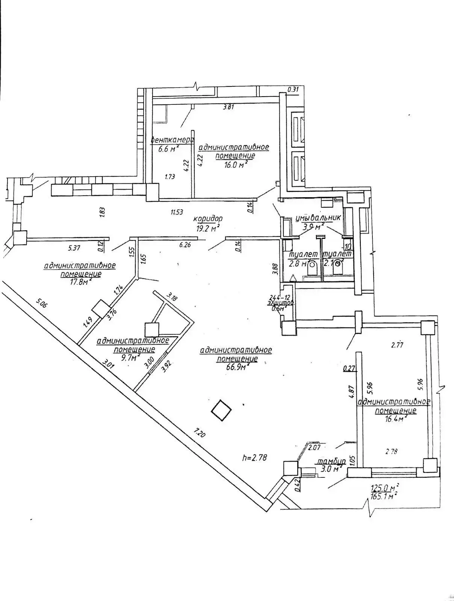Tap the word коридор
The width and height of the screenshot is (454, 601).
(x=208, y=218)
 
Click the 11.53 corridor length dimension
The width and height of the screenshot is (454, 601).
(x=177, y=212)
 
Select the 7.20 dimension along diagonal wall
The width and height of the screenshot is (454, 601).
(x=199, y=434)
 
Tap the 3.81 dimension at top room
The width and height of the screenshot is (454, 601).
(x=229, y=107)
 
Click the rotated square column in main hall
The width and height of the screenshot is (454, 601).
(x=221, y=411)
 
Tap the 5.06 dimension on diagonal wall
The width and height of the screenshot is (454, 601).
(x=42, y=303)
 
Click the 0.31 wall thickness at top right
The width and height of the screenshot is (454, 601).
(x=293, y=89)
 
